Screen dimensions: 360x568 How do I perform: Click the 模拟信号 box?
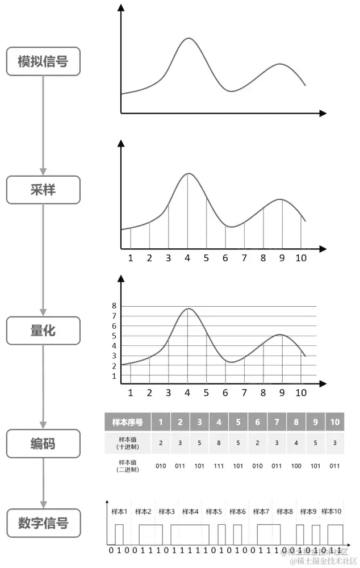[x=43, y=61]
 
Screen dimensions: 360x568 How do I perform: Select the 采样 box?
[x=43, y=190]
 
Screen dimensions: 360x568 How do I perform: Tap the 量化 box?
[x=43, y=330]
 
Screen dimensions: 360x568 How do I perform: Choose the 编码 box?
[x=43, y=444]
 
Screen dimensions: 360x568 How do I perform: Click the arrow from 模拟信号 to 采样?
[x=43, y=125]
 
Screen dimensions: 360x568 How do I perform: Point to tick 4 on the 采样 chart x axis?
[x=187, y=258]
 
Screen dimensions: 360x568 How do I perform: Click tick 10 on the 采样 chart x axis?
[x=300, y=258]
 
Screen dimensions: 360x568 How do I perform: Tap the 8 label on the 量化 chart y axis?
[x=114, y=306]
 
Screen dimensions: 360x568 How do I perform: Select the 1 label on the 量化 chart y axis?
[x=114, y=375]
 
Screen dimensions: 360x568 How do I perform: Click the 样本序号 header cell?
[x=127, y=422]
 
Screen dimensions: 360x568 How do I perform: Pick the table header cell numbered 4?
[x=219, y=422]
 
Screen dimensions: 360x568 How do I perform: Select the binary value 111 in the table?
[x=219, y=466]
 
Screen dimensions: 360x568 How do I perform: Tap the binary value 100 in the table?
[x=296, y=466]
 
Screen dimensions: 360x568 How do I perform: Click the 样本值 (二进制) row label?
[x=127, y=466]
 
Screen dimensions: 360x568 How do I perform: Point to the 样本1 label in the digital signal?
[x=119, y=512]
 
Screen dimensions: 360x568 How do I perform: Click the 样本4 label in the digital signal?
[x=190, y=512]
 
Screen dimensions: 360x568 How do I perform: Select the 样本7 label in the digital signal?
[x=261, y=512]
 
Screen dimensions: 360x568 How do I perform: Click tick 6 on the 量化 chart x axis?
[x=225, y=392]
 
